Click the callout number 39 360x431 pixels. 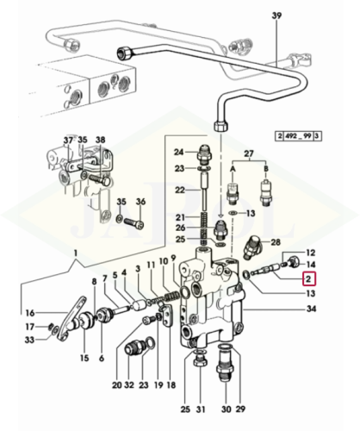pyautogui.click(x=276, y=16)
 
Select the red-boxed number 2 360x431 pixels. pyautogui.click(x=308, y=279)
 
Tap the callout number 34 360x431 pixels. pyautogui.click(x=311, y=309)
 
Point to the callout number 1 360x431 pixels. pyautogui.click(x=76, y=253)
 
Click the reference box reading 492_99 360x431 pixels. pyautogui.click(x=298, y=135)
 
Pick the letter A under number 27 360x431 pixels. pyautogui.click(x=233, y=169)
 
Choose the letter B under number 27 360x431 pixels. pyautogui.click(x=266, y=168)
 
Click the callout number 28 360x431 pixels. pyautogui.click(x=276, y=242)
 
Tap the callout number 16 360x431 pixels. pyautogui.click(x=30, y=313)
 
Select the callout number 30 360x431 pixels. pyautogui.click(x=227, y=409)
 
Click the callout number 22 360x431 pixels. pyautogui.click(x=180, y=191)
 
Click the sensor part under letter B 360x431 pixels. pyautogui.click(x=265, y=191)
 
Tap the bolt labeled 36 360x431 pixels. pyautogui.click(x=133, y=222)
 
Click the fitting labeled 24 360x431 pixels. pyautogui.click(x=204, y=153)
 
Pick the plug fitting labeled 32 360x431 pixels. pyautogui.click(x=134, y=347)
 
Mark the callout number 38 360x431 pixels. pyautogui.click(x=101, y=141)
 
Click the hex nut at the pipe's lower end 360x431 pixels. pyautogui.click(x=221, y=126)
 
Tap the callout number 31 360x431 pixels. pyautogui.click(x=201, y=409)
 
